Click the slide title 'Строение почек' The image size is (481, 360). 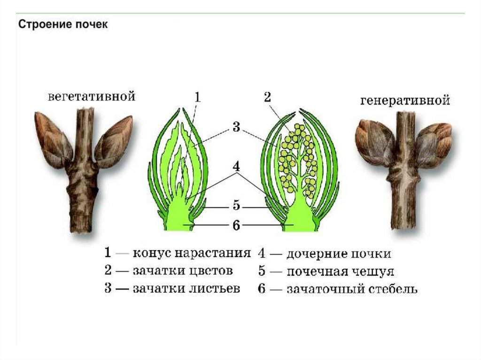63,24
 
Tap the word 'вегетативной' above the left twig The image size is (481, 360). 92,97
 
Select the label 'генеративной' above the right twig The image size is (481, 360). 405,100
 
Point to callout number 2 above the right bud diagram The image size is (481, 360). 267,97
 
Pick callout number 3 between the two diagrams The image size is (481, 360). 236,127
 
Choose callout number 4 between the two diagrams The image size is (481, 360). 236,166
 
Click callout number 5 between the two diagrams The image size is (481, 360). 236,206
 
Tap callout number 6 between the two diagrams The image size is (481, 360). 236,226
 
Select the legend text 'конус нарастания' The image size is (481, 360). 191,253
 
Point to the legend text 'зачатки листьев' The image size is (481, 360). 186,288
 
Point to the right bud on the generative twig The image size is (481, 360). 433,143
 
